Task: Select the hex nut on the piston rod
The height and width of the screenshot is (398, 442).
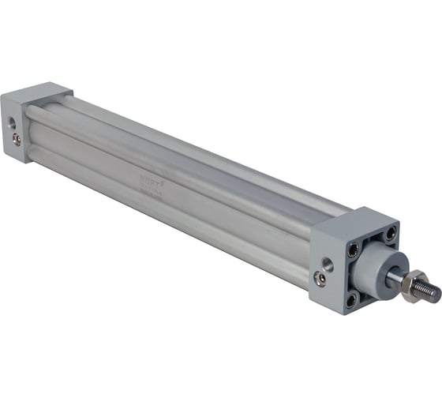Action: (x=410, y=283)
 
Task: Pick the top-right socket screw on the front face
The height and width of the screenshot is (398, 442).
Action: (x=390, y=234)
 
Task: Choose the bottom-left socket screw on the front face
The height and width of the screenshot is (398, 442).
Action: (x=351, y=300)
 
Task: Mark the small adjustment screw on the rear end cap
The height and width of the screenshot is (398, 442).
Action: (x=17, y=140)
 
